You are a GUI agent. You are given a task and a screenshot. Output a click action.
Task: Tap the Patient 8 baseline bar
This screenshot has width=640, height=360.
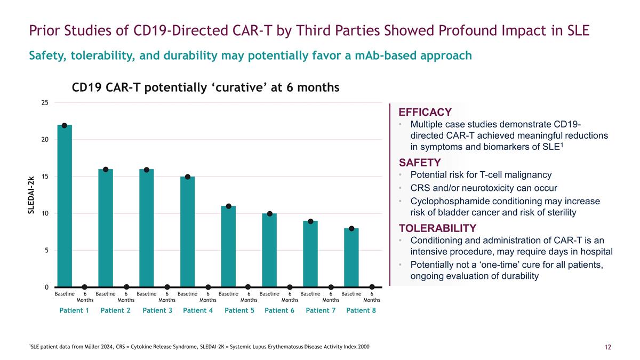[351, 258]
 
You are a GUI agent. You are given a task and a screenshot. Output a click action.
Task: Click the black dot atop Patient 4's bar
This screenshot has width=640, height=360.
[188, 177]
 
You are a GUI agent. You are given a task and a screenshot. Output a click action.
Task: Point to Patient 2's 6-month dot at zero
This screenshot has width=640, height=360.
[126, 287]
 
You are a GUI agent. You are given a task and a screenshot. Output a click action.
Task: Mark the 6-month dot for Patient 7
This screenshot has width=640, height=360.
[331, 287]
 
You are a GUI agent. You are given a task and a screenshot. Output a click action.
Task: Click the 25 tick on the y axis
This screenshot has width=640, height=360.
[45, 102]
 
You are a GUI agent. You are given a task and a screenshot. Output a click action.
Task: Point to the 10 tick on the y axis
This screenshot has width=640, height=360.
[45, 213]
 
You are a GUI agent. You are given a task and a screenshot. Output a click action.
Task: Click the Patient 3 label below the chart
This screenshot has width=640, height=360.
[157, 311]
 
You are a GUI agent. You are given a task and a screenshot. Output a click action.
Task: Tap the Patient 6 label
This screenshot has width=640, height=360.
[279, 311]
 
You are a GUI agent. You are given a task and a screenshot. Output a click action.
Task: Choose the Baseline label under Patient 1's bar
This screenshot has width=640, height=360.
[65, 293]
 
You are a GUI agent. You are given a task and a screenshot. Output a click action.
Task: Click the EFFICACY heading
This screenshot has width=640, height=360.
[425, 112]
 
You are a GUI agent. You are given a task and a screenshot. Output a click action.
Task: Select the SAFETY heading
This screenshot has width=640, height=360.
[420, 163]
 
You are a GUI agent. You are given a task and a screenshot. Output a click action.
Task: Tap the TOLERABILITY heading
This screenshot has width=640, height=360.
[437, 228]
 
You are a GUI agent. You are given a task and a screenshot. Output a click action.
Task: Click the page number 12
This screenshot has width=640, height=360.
[607, 348]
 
